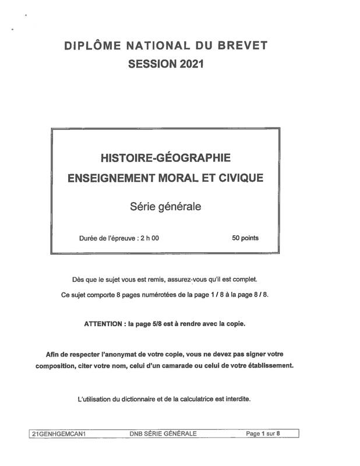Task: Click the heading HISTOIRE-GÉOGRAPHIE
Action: pyautogui.click(x=166, y=158)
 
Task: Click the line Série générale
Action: pyautogui.click(x=165, y=206)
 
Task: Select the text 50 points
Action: pyautogui.click(x=245, y=238)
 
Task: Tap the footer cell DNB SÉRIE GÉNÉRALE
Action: pyautogui.click(x=163, y=433)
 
